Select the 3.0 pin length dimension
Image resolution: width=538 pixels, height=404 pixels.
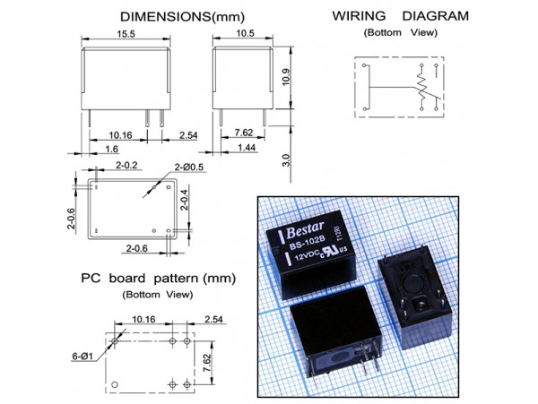click(286, 159)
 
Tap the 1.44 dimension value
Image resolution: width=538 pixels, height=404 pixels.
click(247, 146)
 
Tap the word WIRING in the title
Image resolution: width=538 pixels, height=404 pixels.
click(359, 15)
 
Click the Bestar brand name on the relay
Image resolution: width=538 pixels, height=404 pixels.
click(307, 228)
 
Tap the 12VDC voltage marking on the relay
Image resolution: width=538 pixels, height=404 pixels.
click(309, 258)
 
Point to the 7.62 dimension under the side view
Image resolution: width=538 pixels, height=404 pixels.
click(243, 133)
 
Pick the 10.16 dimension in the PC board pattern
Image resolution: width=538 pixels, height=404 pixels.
click(143, 319)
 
